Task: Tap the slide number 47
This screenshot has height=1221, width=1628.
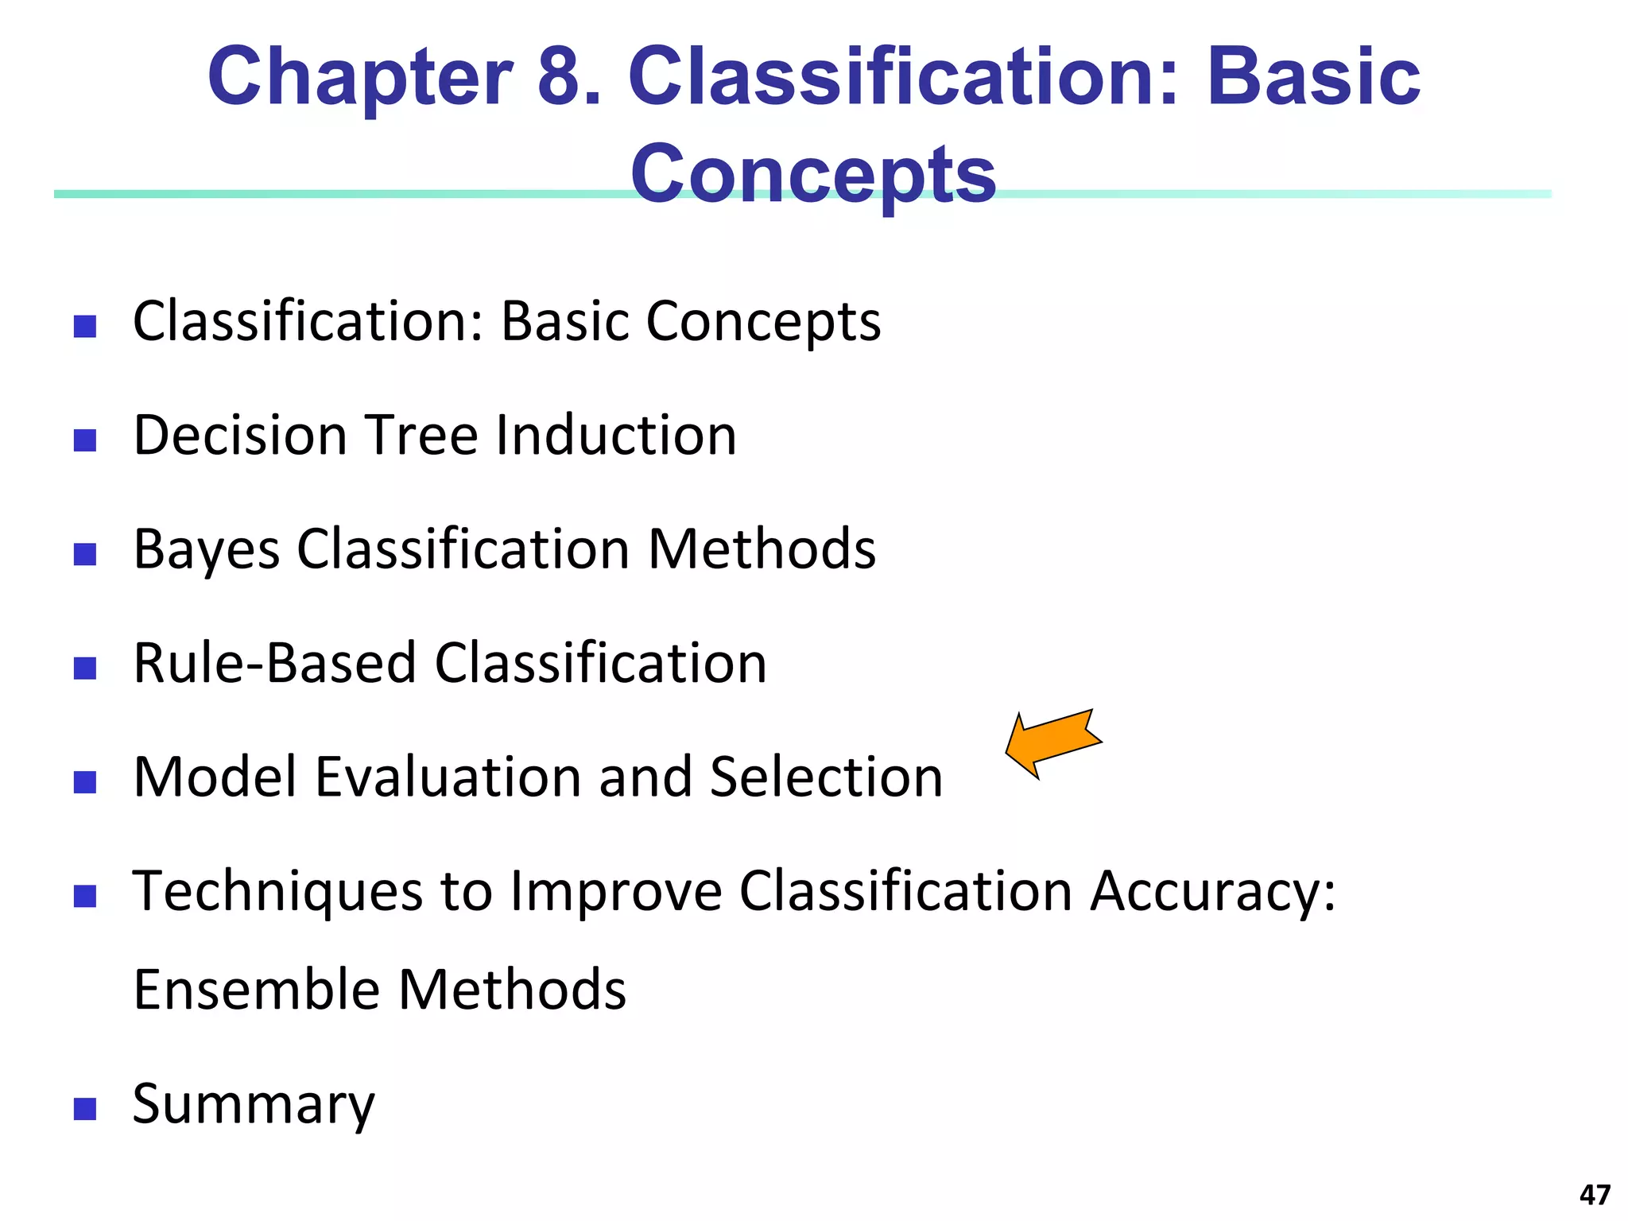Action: pyautogui.click(x=1595, y=1195)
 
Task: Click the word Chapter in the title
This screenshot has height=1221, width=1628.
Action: pyautogui.click(x=359, y=77)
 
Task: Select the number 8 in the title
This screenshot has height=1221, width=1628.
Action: pyautogui.click(x=566, y=77)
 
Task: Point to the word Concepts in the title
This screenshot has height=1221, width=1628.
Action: pyautogui.click(x=812, y=175)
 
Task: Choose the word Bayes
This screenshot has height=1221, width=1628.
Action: pyautogui.click(x=207, y=550)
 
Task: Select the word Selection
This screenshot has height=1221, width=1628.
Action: pyautogui.click(x=826, y=777)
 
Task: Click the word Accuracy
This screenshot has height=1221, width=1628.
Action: pyautogui.click(x=1212, y=891)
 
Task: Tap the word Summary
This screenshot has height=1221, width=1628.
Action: pyautogui.click(x=253, y=1105)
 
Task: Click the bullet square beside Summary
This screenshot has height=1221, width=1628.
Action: pyautogui.click(x=85, y=1109)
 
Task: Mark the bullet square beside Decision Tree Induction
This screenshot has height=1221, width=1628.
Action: pyautogui.click(x=85, y=440)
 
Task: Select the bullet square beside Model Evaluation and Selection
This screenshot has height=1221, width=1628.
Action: pyautogui.click(x=85, y=782)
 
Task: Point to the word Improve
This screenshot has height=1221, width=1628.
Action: pyautogui.click(x=616, y=891)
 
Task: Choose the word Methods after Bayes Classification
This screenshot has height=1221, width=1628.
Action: pyautogui.click(x=762, y=549)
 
